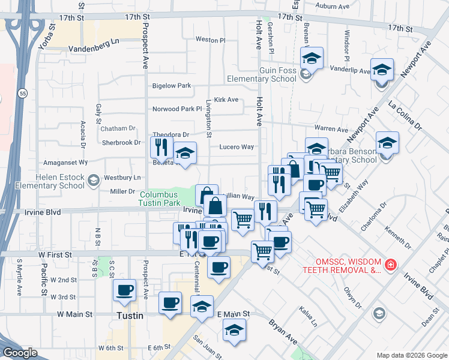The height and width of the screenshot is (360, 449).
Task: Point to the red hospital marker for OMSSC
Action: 390,264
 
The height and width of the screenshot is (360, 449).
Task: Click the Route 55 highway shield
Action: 22,94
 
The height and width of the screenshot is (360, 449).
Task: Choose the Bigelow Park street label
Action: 171,86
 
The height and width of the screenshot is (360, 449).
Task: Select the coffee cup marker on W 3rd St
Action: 125,290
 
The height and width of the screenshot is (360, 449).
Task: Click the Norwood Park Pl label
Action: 178,109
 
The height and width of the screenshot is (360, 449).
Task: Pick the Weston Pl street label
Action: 210,40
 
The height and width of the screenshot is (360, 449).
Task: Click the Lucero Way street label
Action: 237,147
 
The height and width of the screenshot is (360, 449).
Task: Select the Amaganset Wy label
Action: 62,163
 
